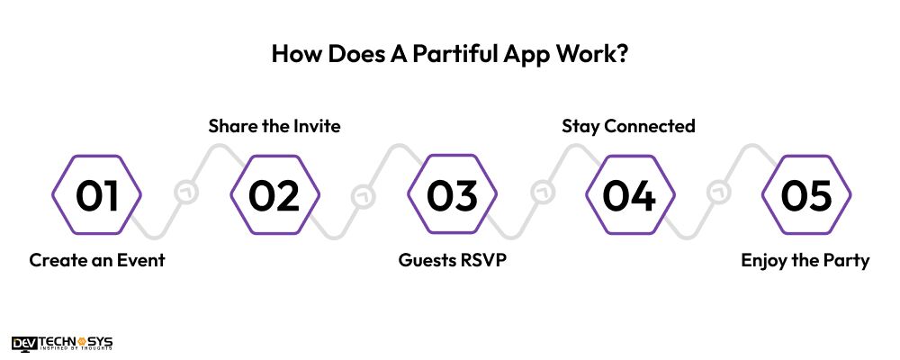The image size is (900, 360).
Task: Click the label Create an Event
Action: pyautogui.click(x=97, y=261)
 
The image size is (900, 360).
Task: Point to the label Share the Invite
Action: pyautogui.click(x=274, y=126)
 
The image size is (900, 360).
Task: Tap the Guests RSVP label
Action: pyautogui.click(x=452, y=261)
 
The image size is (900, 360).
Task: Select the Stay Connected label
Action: pyautogui.click(x=628, y=126)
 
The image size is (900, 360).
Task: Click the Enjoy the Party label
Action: pyautogui.click(x=805, y=261)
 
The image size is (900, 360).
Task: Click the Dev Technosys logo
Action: pyautogui.click(x=62, y=342)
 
